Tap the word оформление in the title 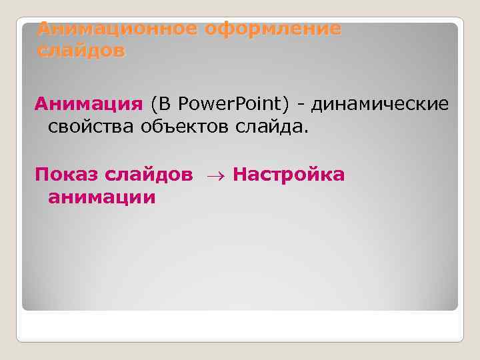coord(273,29)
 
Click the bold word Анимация coord(89,105)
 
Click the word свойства coord(91,127)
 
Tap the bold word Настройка coord(289,175)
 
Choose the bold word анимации coord(101,197)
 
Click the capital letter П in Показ coord(41,175)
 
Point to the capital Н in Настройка coord(241,175)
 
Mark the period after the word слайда coord(307,131)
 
